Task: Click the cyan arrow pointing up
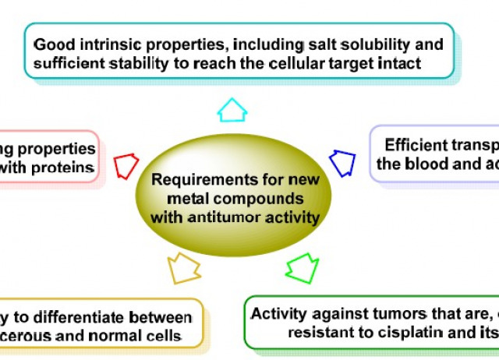[232, 110]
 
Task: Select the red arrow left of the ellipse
[126, 166]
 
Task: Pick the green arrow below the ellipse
[302, 268]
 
